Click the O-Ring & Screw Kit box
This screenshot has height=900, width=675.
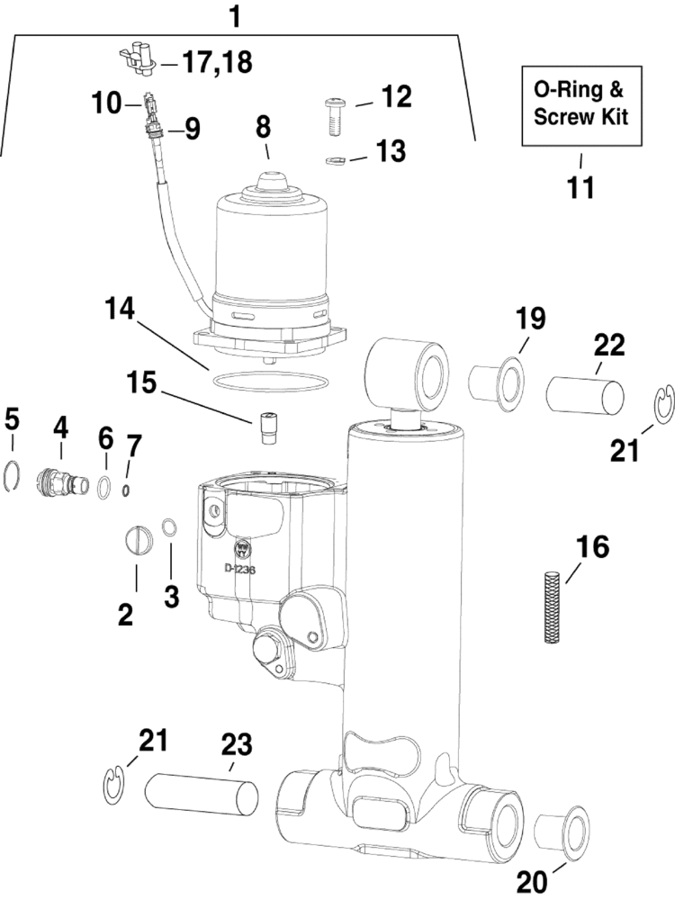tap(581, 103)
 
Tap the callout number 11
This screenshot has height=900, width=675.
tap(580, 188)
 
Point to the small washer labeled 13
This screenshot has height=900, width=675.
tap(335, 161)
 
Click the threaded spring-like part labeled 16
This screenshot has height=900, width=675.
tap(553, 607)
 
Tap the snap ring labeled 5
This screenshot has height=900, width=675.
tap(12, 474)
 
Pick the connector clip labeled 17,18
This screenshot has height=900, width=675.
tap(135, 59)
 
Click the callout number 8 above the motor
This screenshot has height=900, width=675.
tap(263, 126)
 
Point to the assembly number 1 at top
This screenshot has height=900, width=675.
tap(236, 15)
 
